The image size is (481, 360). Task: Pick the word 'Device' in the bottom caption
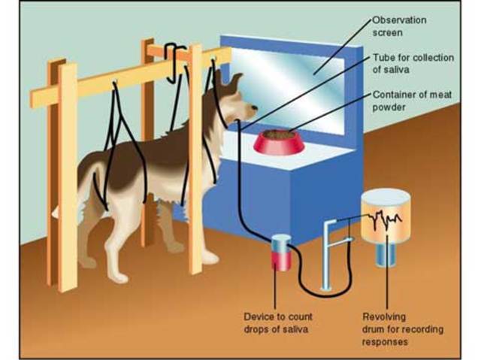click(x=260, y=316)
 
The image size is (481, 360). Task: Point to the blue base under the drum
click(x=386, y=256)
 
